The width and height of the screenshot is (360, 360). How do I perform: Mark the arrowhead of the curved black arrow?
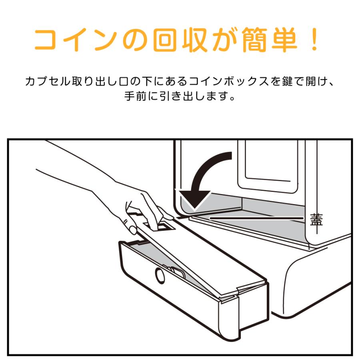[x=195, y=200]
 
